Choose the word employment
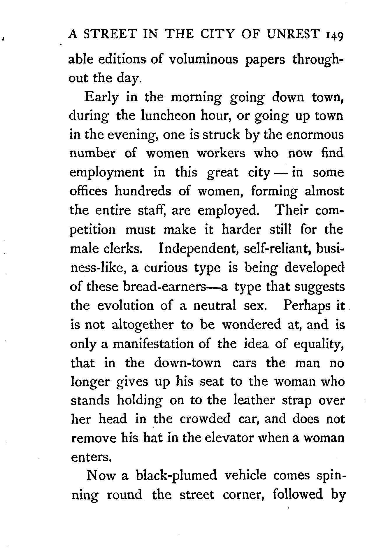click(x=107, y=173)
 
